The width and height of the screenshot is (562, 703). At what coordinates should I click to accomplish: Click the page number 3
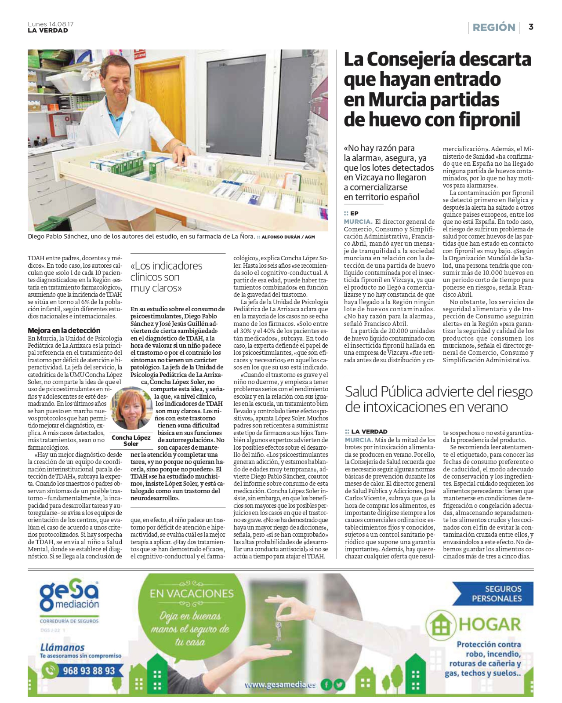coord(531,27)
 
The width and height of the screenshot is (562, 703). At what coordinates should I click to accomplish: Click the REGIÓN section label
coord(493,27)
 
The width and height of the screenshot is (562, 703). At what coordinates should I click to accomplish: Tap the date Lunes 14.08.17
coord(51,24)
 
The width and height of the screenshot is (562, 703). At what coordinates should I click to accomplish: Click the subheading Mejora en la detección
coord(64,330)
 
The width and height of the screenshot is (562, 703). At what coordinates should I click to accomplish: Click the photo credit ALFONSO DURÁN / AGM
coord(288,237)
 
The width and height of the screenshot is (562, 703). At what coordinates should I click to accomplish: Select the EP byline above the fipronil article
coord(354,213)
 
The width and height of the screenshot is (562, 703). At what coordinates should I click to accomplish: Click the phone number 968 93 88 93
coord(88,670)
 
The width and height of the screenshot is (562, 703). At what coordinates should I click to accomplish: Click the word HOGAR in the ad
coord(490,624)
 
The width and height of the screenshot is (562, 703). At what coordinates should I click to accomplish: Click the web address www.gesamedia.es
coord(280,685)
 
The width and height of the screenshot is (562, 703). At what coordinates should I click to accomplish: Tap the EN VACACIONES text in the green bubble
coord(192,594)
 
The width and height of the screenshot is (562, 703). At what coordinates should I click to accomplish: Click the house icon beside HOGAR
coord(440,625)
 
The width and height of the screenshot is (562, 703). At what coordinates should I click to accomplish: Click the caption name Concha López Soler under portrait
coord(131,441)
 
